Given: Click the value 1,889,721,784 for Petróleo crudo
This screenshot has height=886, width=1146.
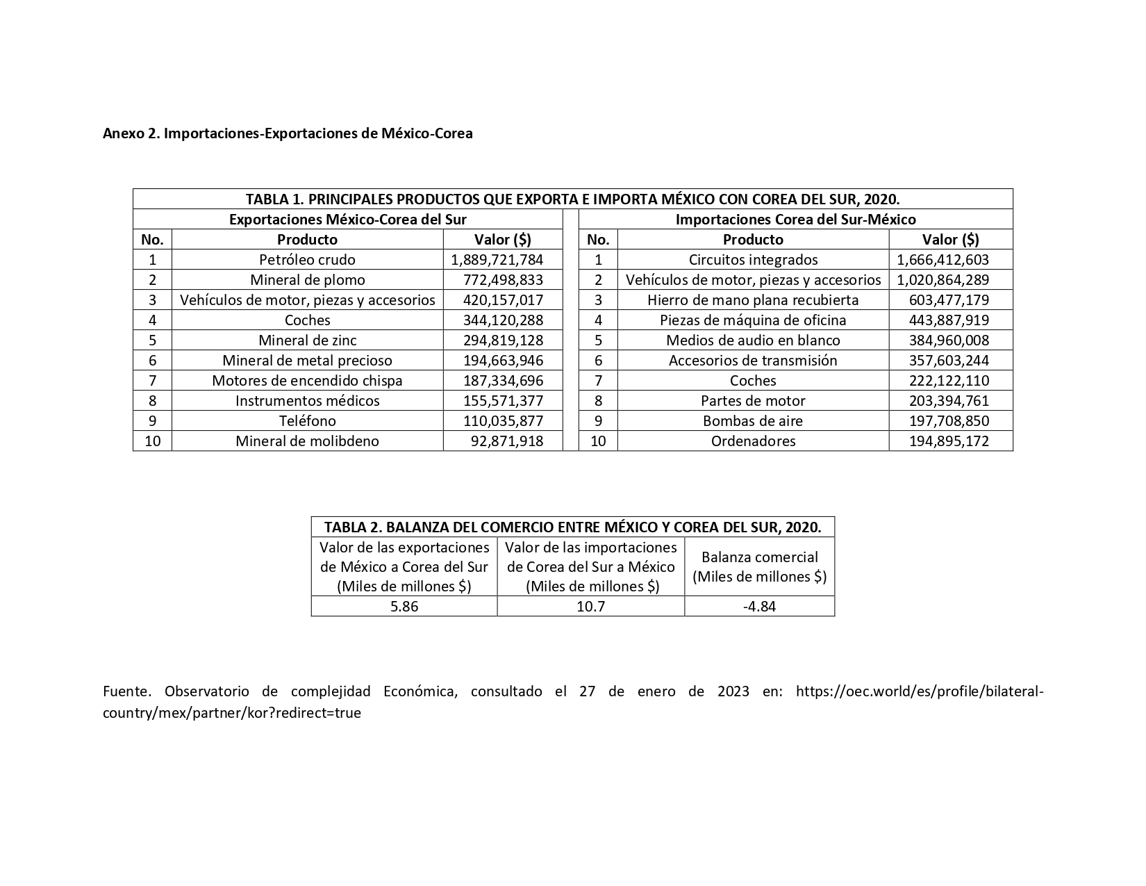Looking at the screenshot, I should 497,260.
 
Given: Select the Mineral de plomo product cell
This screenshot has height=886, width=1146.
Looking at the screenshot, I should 307,280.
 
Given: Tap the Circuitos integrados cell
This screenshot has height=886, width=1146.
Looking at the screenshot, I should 753,260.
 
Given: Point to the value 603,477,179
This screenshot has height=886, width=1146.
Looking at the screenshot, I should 949,300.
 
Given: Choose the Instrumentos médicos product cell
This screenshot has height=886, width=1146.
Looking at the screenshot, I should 307,401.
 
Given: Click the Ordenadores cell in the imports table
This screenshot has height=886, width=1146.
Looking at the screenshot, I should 753,441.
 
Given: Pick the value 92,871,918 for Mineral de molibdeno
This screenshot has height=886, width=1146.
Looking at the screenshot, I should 506,441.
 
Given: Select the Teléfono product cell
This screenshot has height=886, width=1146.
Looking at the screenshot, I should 307,421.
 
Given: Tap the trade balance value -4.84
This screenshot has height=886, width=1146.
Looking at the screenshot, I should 759,606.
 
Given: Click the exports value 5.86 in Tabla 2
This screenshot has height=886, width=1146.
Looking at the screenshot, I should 404,606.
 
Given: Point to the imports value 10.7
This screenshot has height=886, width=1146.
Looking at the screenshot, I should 590,606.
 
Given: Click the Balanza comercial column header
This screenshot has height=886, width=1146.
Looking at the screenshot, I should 759,566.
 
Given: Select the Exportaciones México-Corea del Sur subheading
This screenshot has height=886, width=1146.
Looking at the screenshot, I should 347,220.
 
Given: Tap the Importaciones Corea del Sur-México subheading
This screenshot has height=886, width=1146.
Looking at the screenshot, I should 795,220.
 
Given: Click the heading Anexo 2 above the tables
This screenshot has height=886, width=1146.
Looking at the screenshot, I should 288,133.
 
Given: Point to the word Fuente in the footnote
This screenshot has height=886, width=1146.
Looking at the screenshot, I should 126,691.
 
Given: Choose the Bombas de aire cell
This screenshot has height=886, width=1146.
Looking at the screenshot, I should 753,421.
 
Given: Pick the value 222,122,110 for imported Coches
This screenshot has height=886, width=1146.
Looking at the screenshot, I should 949,381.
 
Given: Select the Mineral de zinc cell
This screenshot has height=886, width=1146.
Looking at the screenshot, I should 307,341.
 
